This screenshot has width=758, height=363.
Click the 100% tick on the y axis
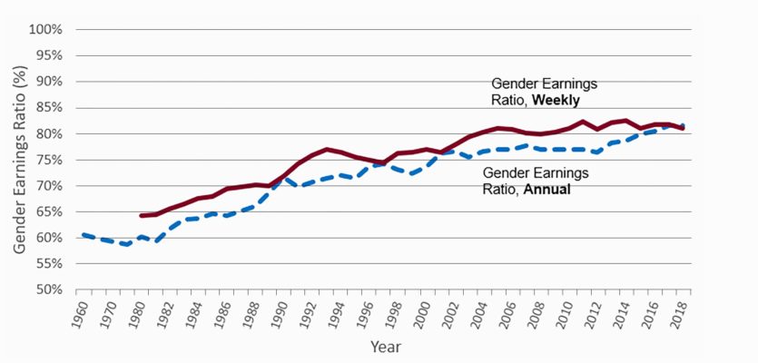click(x=45, y=29)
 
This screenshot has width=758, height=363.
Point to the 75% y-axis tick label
click(x=48, y=160)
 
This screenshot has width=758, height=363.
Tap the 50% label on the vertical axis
click(x=48, y=290)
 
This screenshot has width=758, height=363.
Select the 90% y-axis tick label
click(x=48, y=82)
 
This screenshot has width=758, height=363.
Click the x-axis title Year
click(x=384, y=347)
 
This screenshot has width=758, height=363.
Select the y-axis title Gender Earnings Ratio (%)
click(x=20, y=160)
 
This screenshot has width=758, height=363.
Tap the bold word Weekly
click(x=556, y=98)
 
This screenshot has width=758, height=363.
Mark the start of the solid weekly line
click(x=141, y=216)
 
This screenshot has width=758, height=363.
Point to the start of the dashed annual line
click(x=83, y=235)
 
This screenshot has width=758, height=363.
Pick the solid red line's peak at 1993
click(x=328, y=149)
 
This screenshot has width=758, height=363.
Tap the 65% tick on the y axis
click(x=48, y=212)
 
